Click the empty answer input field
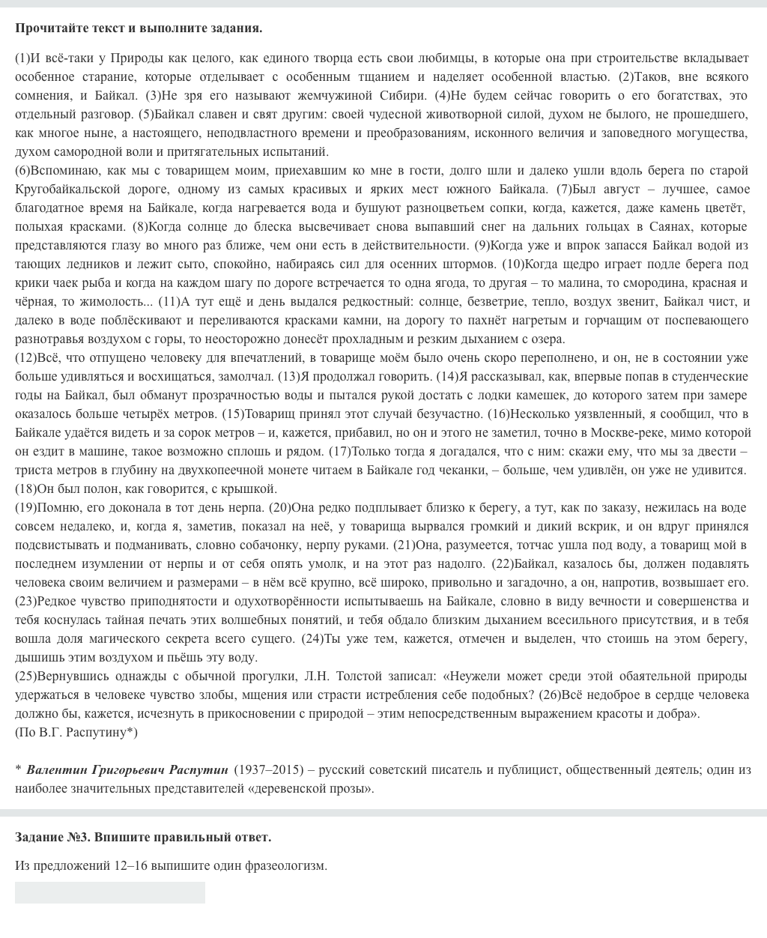click(109, 892)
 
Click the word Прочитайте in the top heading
click(48, 28)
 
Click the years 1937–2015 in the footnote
click(268, 769)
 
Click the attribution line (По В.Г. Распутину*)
click(76, 732)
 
